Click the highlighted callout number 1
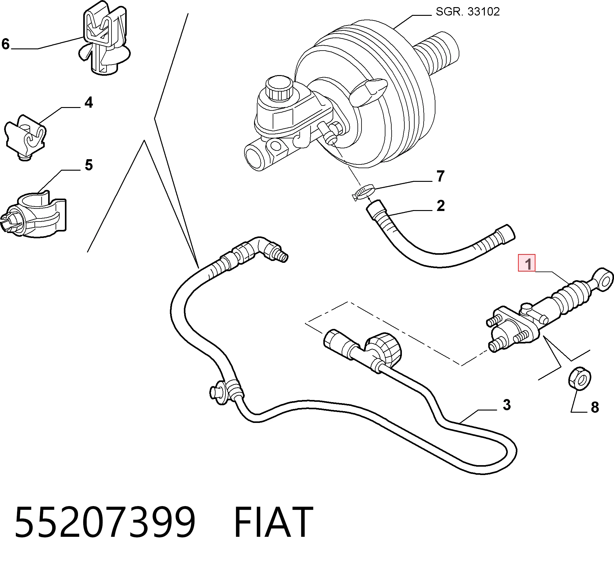[526, 263]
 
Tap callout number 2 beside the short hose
[440, 206]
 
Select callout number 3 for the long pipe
[507, 405]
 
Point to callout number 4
[89, 102]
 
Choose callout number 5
[89, 165]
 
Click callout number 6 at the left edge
[6, 44]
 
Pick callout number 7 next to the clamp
[440, 176]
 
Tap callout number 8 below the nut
[595, 407]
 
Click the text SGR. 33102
[468, 11]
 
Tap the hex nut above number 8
[579, 379]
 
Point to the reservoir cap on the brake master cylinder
[279, 88]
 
